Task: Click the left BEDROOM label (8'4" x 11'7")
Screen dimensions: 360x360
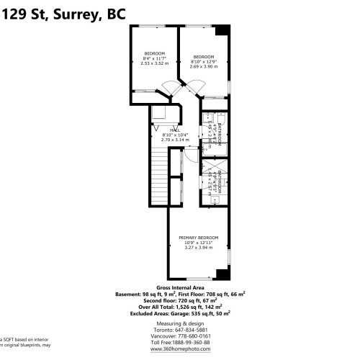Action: coord(154,54)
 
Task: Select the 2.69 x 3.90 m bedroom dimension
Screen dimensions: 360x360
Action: coord(203,67)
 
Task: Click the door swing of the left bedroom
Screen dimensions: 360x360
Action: coord(168,89)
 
